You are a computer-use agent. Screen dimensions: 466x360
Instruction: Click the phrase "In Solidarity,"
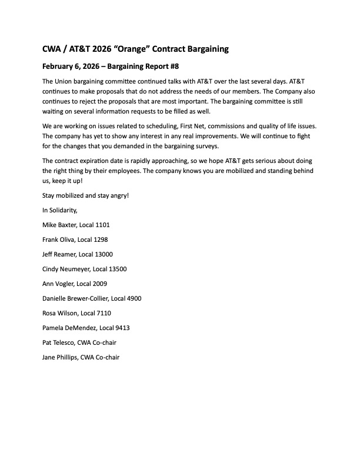(60, 210)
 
